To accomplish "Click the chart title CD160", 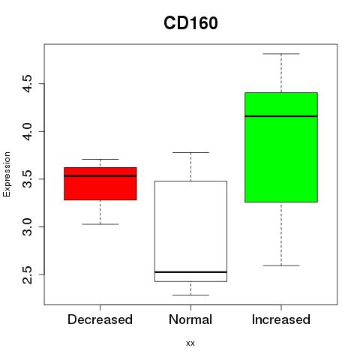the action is click(x=190, y=23).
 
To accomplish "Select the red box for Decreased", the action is click(x=100, y=184).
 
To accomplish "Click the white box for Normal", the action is click(x=190, y=231).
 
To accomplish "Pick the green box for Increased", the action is click(x=281, y=147).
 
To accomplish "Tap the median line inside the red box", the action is click(x=100, y=175).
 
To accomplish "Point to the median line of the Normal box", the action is click(x=190, y=272).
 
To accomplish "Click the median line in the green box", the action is click(x=281, y=116).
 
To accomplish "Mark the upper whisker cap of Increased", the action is click(x=281, y=54).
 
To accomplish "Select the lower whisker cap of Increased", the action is click(x=281, y=265).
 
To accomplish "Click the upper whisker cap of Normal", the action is click(x=190, y=152).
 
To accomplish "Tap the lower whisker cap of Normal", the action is click(x=190, y=295).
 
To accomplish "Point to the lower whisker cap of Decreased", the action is click(x=100, y=224).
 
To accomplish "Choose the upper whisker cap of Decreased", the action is click(x=100, y=159).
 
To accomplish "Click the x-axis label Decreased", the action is click(x=100, y=319).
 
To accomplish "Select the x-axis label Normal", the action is click(x=190, y=319).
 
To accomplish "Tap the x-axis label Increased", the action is click(x=281, y=319).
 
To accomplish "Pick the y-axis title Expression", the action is click(x=7, y=174).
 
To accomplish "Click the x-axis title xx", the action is click(x=190, y=343).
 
